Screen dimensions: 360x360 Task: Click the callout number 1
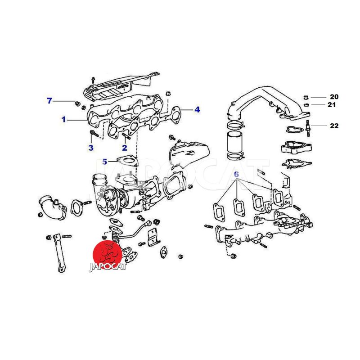(64, 119)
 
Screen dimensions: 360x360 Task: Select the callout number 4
(197, 110)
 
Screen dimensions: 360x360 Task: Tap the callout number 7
(49, 100)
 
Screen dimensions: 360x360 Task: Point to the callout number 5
(105, 162)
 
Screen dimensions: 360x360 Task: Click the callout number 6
(237, 174)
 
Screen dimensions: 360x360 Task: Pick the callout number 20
(334, 97)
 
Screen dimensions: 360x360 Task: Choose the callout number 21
(332, 105)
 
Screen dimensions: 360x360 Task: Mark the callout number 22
(334, 126)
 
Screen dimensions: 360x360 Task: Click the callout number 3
(91, 148)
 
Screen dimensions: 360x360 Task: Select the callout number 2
(125, 148)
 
